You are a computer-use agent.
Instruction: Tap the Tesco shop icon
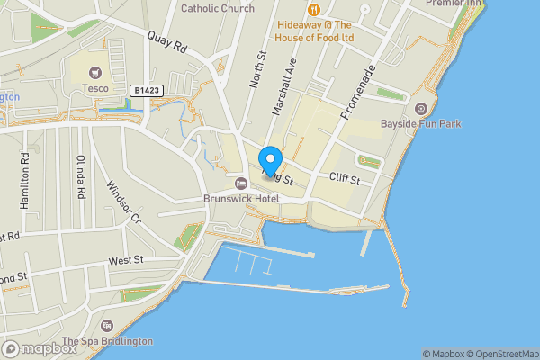click(96, 72)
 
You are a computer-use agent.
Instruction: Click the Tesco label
click(96, 88)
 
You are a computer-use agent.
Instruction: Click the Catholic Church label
click(218, 8)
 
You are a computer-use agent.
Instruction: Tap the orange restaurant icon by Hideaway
click(313, 9)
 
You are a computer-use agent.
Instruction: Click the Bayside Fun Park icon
click(420, 109)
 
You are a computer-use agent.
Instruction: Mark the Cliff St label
click(344, 180)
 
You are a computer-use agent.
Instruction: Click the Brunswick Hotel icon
click(240, 184)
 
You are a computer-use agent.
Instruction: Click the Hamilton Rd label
click(24, 179)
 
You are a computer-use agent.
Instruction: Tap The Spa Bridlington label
click(107, 342)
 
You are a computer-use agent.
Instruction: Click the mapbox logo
click(39, 348)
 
